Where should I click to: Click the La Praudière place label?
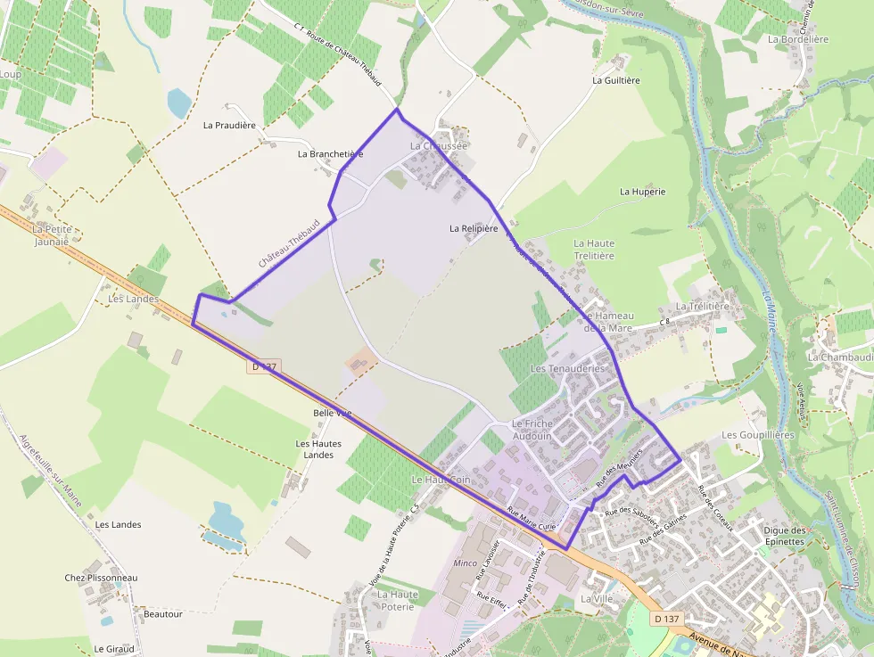pyautogui.click(x=229, y=125)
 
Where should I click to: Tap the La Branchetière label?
pyautogui.click(x=330, y=153)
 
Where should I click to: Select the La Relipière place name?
pyautogui.click(x=474, y=228)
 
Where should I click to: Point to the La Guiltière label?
pyautogui.click(x=616, y=79)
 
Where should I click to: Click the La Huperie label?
pyautogui.click(x=642, y=191)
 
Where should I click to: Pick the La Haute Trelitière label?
pyautogui.click(x=594, y=250)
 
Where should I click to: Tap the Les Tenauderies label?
pyautogui.click(x=567, y=368)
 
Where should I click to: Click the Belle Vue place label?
pyautogui.click(x=333, y=413)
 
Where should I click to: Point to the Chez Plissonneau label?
pyautogui.click(x=101, y=578)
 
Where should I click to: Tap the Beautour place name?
pyautogui.click(x=162, y=614)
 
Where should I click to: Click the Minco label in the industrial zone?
pyautogui.click(x=466, y=563)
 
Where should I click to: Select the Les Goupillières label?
pyautogui.click(x=757, y=434)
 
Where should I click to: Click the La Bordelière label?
pyautogui.click(x=798, y=39)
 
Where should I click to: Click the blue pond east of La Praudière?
pyautogui.click(x=179, y=103)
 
